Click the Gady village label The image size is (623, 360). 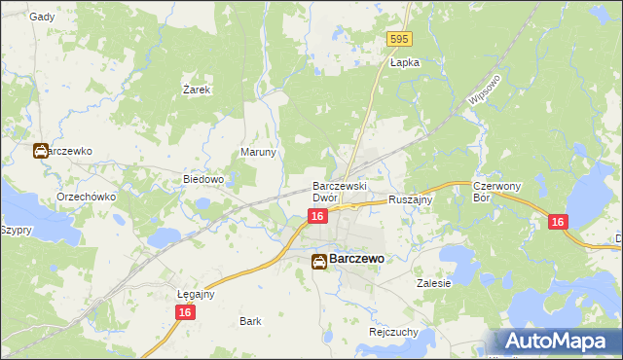tap(42, 17)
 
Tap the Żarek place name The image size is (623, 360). tap(198, 90)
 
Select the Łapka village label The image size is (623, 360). tap(404, 62)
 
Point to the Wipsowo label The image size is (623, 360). tap(484, 89)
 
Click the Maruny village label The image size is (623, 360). tap(259, 153)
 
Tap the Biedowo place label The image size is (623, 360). tap(204, 180)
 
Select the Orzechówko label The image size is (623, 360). tap(87, 197)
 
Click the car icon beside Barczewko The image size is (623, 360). tap(40, 152)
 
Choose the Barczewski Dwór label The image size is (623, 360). tap(338, 191)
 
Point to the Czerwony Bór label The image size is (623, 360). tap(493, 191)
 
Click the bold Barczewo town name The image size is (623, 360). tap(357, 260)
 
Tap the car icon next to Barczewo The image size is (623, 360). tap(319, 261)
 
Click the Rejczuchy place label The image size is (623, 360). tap(393, 331)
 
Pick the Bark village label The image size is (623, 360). tap(250, 320)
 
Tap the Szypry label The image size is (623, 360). tap(17, 231)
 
